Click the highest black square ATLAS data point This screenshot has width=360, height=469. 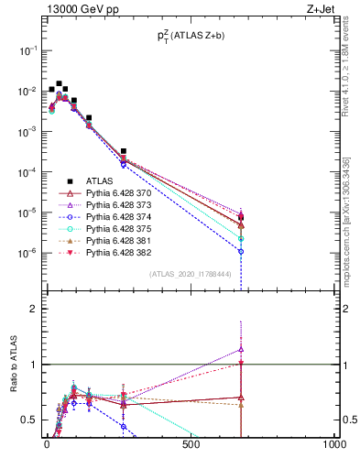point(60,83)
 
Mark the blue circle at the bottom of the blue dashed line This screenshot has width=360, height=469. point(240,251)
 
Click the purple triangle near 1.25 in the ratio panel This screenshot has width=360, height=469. point(240,349)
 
